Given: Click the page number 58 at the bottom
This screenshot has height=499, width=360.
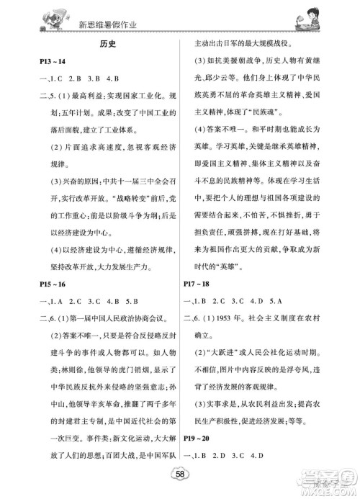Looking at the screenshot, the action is (x=180, y=481).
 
